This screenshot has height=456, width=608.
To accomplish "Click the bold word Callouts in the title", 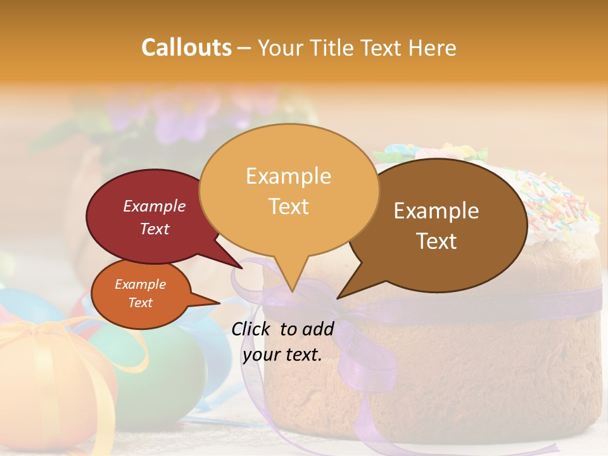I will tap(186, 47).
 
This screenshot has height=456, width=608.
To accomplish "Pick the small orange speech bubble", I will tap(139, 294).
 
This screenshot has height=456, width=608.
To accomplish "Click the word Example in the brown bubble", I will tap(436, 210).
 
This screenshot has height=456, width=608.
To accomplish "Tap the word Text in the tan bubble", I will tap(288, 206).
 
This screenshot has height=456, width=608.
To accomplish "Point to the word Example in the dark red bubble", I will tap(154, 206).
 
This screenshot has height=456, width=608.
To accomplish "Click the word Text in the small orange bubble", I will tap(140, 303).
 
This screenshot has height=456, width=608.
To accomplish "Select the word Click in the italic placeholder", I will tap(253, 329).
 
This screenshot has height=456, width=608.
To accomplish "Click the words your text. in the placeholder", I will tap(282, 355).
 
